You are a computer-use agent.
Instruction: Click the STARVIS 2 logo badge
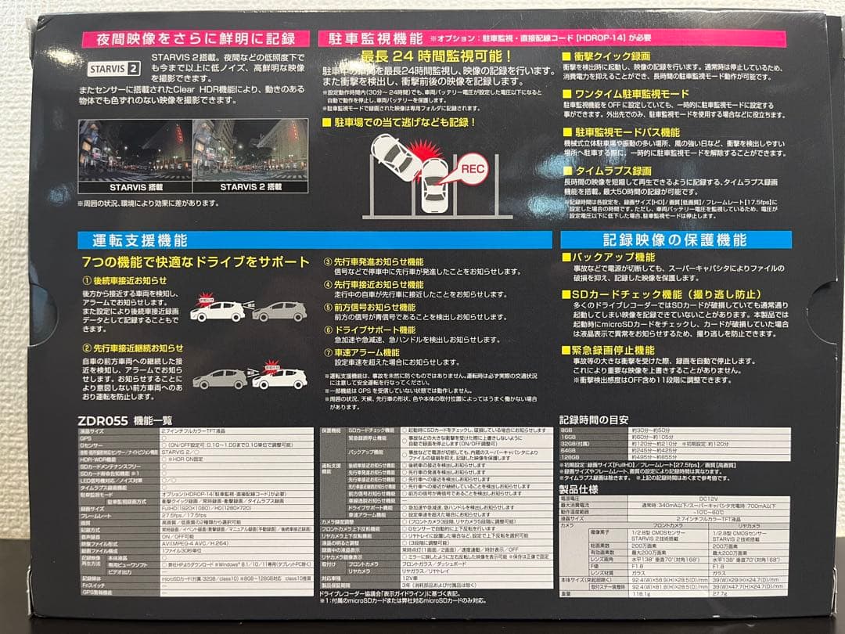click(113, 67)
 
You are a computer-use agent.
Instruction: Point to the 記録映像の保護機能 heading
click(674, 240)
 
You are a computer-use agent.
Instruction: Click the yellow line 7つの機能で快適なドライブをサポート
click(196, 261)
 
